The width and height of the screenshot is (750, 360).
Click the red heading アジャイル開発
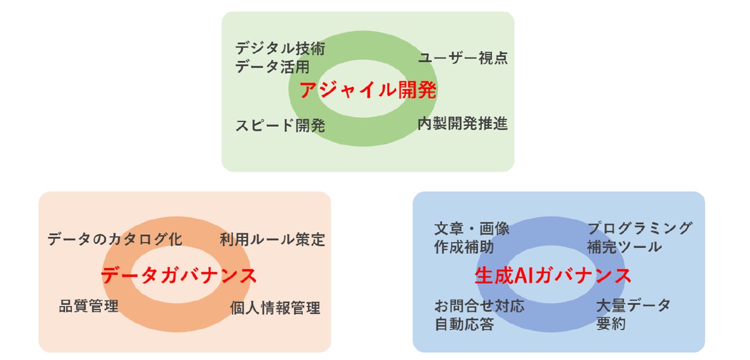pyautogui.click(x=368, y=91)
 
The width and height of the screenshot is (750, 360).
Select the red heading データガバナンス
pyautogui.click(x=179, y=275)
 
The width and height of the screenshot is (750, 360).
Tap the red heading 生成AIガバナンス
pyautogui.click(x=553, y=276)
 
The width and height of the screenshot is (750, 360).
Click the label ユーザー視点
pyautogui.click(x=462, y=58)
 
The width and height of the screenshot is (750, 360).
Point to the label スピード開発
pyautogui.click(x=280, y=125)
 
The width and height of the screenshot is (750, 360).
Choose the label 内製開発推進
pyautogui.click(x=462, y=124)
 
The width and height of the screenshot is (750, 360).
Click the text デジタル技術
pyautogui.click(x=280, y=49)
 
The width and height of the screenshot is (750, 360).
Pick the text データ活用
pyautogui.click(x=272, y=67)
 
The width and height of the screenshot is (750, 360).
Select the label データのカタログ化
pyautogui.click(x=115, y=239)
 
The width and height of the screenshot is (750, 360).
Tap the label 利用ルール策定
pyautogui.click(x=272, y=239)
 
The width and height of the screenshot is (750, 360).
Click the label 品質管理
pyautogui.click(x=88, y=305)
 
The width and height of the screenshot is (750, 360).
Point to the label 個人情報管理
pyautogui.click(x=275, y=308)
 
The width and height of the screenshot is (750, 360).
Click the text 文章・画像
pyautogui.click(x=472, y=229)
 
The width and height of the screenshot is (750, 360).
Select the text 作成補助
pyautogui.click(x=464, y=247)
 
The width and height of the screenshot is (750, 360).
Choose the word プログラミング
pyautogui.click(x=640, y=228)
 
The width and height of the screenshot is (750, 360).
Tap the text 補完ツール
pyautogui.click(x=624, y=247)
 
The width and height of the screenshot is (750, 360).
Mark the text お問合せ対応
pyautogui.click(x=479, y=305)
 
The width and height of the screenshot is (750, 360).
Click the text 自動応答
pyautogui.click(x=464, y=324)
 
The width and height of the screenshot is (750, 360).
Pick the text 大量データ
pyautogui.click(x=633, y=305)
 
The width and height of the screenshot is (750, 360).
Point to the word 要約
pyautogui.click(x=611, y=324)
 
